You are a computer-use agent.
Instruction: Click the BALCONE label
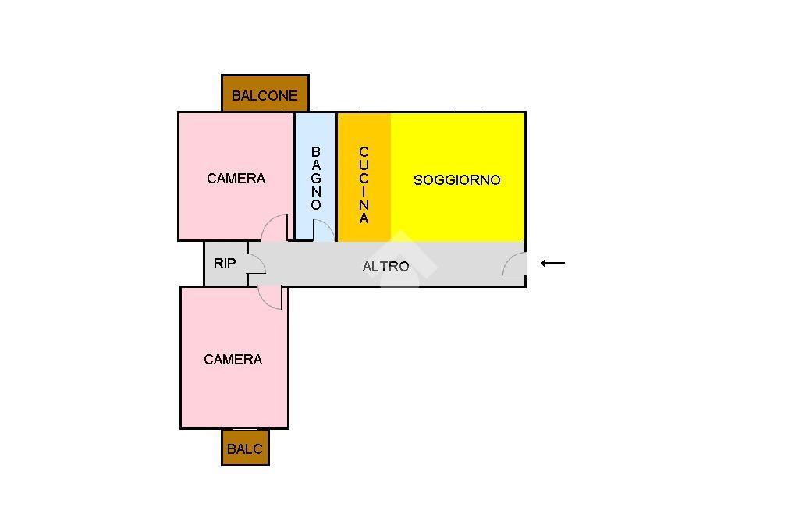[x=265, y=95]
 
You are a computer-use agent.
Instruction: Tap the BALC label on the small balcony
[x=244, y=449]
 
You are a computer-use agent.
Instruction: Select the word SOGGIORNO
[x=457, y=180]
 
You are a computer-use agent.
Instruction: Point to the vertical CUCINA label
[x=364, y=185]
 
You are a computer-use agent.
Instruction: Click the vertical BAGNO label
[x=316, y=179]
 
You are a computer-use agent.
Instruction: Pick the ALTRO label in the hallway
[x=385, y=267]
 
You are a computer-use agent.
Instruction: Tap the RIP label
[x=225, y=264]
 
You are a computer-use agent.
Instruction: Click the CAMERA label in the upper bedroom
[x=236, y=179]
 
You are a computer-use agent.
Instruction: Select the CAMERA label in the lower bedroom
[x=233, y=360]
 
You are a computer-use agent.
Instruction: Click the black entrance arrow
[x=553, y=263]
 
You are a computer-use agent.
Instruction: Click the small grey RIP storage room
[x=225, y=264]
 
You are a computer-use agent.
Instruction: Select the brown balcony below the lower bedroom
[x=245, y=448]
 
